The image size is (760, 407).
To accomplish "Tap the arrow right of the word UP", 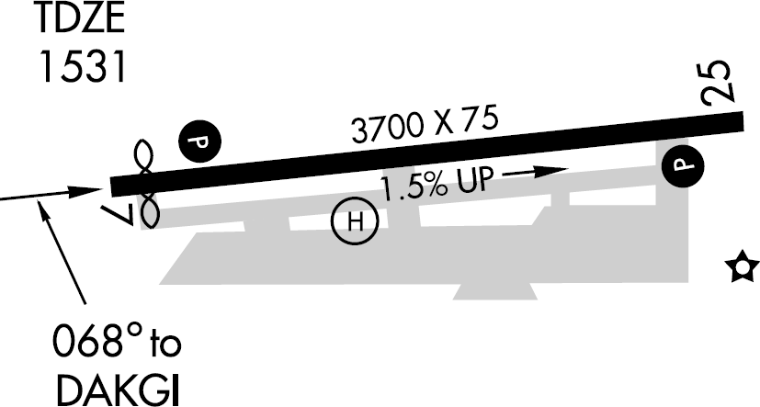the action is pyautogui.click(x=536, y=171).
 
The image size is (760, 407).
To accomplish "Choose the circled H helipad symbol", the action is pyautogui.click(x=356, y=221).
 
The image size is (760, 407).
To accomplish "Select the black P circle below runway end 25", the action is pyautogui.click(x=683, y=164).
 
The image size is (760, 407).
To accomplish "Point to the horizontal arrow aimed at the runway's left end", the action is pyautogui.click(x=51, y=194).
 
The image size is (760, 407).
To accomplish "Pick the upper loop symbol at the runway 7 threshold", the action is pyautogui.click(x=144, y=157).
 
